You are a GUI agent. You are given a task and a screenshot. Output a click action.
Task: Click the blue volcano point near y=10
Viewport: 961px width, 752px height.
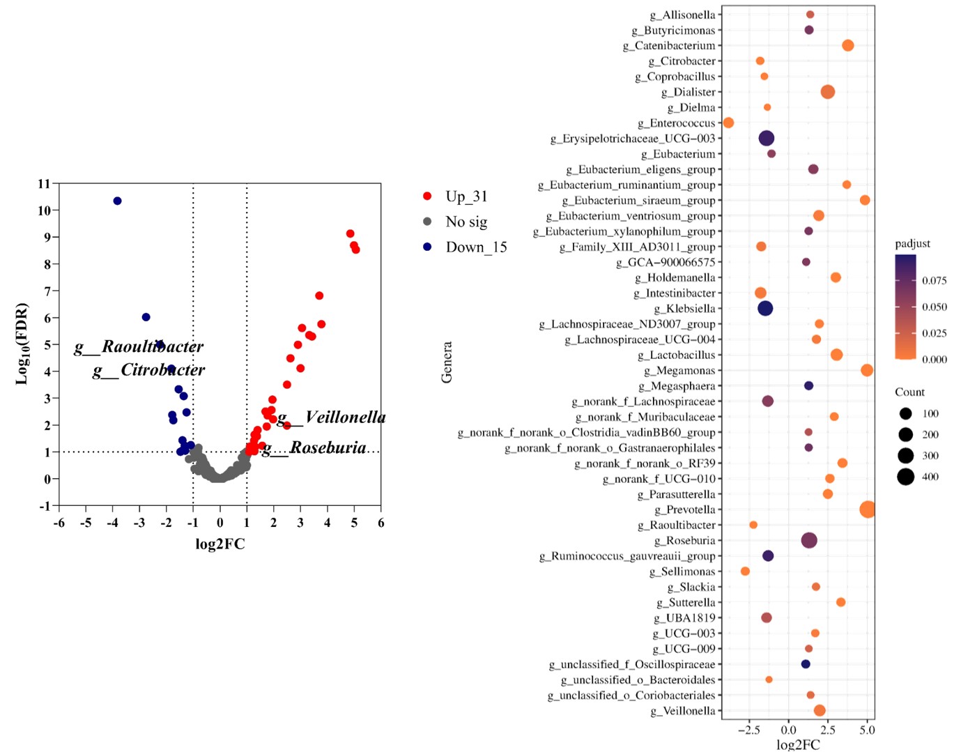(117, 201)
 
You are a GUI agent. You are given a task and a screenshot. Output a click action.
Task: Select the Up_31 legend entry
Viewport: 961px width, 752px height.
(466, 197)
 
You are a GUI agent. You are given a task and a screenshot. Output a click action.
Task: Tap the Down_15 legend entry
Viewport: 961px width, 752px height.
(476, 247)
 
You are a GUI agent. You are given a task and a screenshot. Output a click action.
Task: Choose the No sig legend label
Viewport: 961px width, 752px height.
(466, 222)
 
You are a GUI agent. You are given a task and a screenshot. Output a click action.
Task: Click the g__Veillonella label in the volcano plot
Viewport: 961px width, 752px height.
(332, 417)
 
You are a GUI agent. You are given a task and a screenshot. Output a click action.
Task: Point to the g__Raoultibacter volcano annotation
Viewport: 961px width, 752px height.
(139, 346)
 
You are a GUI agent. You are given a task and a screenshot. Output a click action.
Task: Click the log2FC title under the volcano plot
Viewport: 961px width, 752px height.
(220, 544)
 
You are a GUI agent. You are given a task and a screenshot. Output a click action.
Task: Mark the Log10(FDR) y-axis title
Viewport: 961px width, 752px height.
(22, 344)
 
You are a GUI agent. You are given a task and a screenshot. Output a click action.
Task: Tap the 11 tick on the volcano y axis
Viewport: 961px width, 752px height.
(45, 184)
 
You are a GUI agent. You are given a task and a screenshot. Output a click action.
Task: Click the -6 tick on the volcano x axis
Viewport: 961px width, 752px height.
(59, 523)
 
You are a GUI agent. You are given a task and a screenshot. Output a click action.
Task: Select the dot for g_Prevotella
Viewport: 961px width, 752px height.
(867, 509)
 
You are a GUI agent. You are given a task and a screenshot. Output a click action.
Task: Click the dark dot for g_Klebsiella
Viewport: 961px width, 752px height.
(765, 308)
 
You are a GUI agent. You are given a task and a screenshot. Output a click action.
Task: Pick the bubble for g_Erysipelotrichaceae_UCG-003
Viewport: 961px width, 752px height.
(766, 138)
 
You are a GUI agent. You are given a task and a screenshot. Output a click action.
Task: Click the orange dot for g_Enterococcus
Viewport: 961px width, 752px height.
(728, 123)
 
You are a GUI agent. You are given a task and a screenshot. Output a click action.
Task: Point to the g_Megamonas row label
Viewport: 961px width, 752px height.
(679, 371)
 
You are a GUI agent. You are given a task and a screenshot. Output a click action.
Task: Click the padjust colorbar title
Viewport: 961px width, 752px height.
(912, 244)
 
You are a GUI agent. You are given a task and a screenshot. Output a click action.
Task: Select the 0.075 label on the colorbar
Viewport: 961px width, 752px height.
(934, 281)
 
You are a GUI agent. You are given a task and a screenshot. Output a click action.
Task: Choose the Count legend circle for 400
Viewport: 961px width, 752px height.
(905, 477)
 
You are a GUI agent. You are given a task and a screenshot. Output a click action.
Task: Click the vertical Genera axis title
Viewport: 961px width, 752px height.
(447, 362)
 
